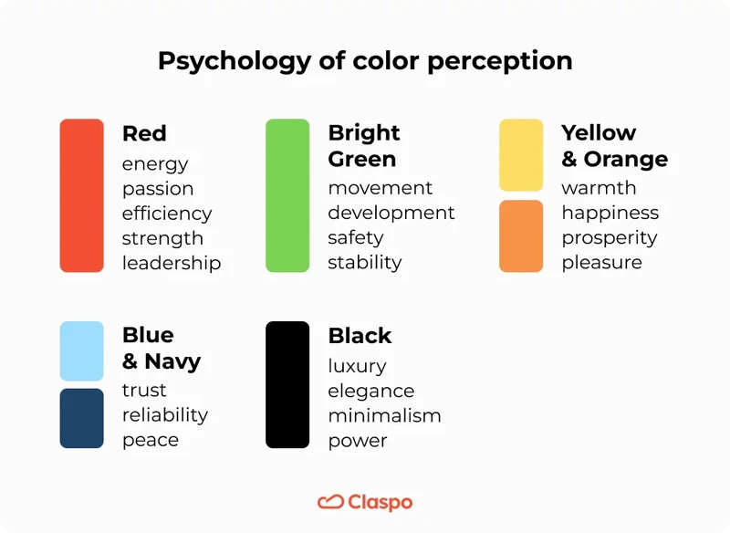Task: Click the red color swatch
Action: coord(82,195)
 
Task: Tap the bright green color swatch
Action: coord(287,195)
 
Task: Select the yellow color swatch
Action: coord(521,154)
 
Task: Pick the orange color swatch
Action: coord(521,236)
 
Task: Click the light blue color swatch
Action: coord(82,350)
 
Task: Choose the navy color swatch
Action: coord(82,418)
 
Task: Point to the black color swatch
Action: coord(287,384)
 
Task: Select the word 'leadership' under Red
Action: coord(172,263)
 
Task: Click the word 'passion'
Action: coord(158,189)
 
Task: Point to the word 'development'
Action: coord(391,213)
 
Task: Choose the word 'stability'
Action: coord(365,263)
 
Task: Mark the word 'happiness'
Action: coord(610,213)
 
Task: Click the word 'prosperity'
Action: coord(610,238)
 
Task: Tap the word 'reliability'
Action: coord(165,415)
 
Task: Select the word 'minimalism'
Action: coord(384,416)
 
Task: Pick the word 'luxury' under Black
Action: coord(358,366)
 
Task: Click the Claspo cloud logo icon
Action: coord(329,503)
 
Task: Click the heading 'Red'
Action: coord(144,133)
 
